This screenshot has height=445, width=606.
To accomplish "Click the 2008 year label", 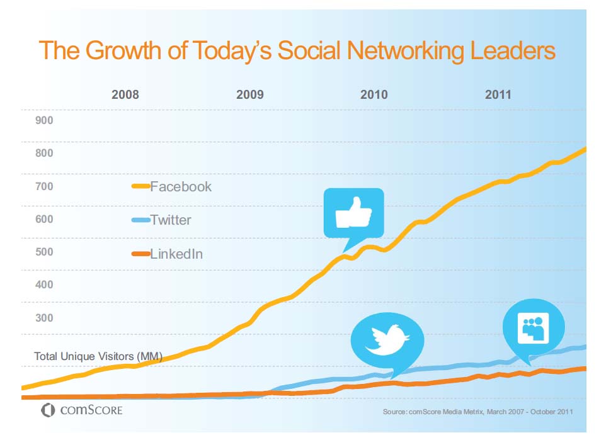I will point(125,95).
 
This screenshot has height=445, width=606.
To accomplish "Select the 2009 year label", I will point(250,95).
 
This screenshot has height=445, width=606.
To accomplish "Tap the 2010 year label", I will point(374,95).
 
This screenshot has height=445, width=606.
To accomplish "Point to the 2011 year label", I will point(498,95).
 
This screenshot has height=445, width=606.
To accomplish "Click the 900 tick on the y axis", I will point(44,120).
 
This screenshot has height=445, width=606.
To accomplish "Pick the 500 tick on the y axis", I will point(44,252).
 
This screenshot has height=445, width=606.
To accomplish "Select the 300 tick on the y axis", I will point(44,317).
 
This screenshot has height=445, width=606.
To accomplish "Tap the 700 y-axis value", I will point(44,186).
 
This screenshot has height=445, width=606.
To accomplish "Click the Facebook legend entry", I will point(180,186).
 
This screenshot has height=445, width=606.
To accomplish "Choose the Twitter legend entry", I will point(170,220).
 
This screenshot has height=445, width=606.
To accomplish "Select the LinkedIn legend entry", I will point(176,254).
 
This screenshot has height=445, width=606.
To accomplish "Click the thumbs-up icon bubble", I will point(353,214).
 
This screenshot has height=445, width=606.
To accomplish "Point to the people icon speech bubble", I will point(534,327).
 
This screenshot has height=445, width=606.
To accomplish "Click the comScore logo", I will point(82,411).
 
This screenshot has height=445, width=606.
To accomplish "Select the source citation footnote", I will point(477,412).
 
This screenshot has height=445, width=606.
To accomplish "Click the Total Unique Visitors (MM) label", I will point(98,356).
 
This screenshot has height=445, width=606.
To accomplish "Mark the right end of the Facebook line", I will point(585,149).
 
